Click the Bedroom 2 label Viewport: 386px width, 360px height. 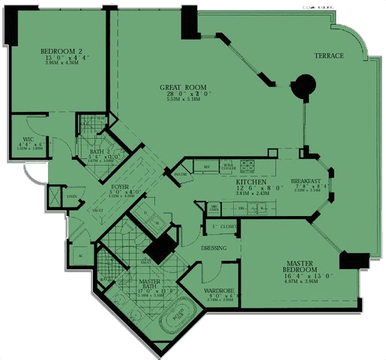[x=55, y=52]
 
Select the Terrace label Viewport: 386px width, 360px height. [x=329, y=56]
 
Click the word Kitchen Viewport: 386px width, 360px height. [x=247, y=182]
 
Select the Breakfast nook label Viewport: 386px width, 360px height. [x=307, y=181]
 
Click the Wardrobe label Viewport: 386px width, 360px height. [x=220, y=291]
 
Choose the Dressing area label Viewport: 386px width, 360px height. [x=213, y=248]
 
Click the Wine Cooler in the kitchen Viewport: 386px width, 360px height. [x=228, y=166]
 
